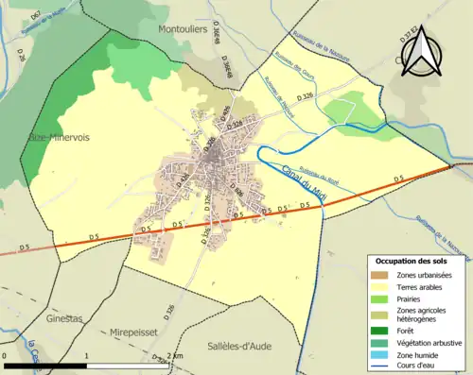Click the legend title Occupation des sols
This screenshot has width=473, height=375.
[412, 260]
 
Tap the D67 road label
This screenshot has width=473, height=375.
[34, 16]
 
